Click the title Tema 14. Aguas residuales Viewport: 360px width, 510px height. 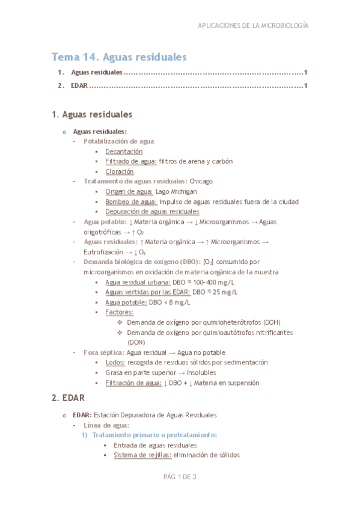tap(119, 57)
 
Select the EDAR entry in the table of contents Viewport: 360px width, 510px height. tap(79, 85)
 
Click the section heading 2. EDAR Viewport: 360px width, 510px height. tap(68, 398)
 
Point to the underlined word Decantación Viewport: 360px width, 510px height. tap(124, 152)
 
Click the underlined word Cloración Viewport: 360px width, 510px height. tap(119, 171)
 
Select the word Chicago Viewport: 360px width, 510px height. tap(201, 181)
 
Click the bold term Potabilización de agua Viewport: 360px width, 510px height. tap(118, 141)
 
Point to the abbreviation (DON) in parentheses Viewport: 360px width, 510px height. tap(137, 342)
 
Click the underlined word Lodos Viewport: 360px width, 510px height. tap(115, 362)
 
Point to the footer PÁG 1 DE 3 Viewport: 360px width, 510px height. tap(180, 477)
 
